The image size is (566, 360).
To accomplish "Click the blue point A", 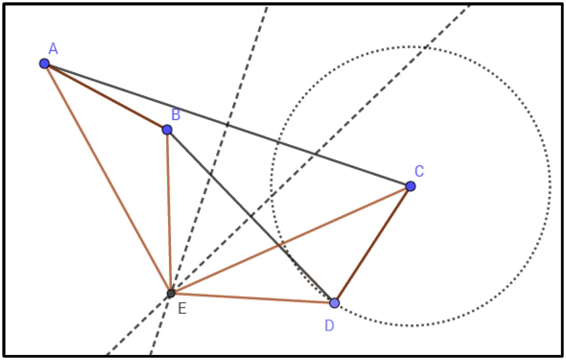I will [x=44, y=63].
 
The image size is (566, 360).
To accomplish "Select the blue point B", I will [x=167, y=129].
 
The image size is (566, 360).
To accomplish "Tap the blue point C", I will [x=410, y=186].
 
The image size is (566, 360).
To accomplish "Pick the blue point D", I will [x=334, y=302].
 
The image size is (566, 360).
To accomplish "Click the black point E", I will [x=171, y=293].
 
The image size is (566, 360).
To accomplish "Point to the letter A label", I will [x=53, y=49].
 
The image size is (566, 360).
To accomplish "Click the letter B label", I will [x=176, y=115].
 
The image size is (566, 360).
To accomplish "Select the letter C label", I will [x=419, y=171].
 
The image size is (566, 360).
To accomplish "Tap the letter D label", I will [x=329, y=326].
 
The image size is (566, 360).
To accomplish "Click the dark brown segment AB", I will [x=106, y=96].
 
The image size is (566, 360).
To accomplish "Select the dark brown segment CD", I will [x=372, y=245].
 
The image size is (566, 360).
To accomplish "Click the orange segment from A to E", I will [x=108, y=178].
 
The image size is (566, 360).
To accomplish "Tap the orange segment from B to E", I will [x=169, y=211].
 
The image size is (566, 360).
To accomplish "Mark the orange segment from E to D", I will [x=253, y=298].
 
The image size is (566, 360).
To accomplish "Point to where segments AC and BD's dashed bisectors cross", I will [x=171, y=293].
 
